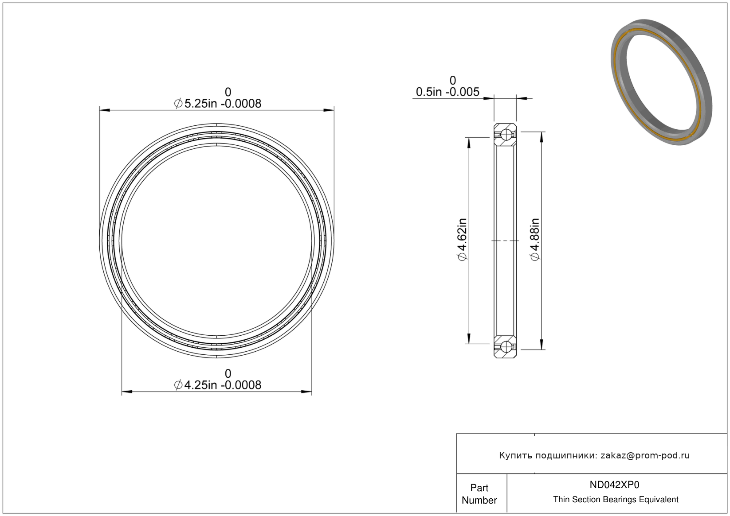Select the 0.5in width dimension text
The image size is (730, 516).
447,92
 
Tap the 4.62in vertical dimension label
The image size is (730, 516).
463,240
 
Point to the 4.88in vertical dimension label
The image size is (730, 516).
535,240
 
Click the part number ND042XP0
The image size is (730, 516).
614,485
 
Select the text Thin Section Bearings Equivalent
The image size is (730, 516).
616,500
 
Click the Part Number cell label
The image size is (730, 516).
479,494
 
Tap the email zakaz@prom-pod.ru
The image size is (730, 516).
645,455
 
